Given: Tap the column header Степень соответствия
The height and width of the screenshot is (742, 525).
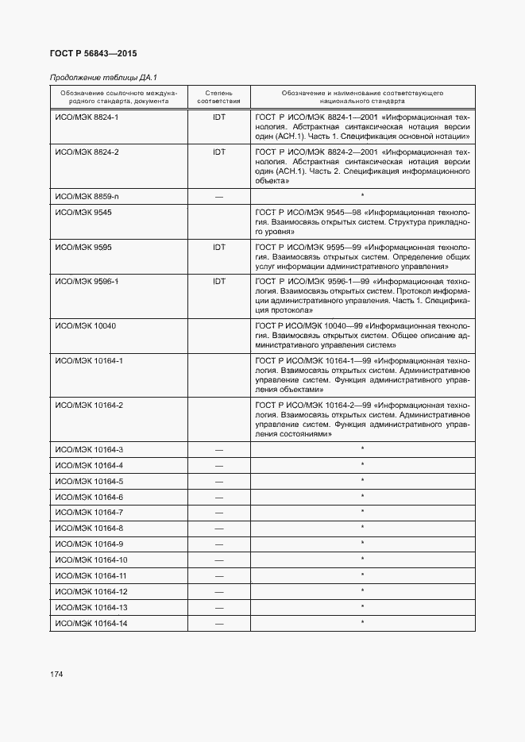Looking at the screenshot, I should click(218, 98).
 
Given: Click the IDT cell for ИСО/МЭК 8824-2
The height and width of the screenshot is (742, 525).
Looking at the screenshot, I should click(219, 152).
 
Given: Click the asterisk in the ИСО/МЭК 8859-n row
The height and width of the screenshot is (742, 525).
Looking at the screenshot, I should click(362, 196).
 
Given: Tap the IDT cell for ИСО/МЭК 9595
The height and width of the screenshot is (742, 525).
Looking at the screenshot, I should click(219, 247).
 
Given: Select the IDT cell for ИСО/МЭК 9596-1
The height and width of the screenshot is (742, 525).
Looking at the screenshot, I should click(219, 281).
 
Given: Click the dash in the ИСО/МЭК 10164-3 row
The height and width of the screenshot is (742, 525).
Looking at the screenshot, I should click(219, 450).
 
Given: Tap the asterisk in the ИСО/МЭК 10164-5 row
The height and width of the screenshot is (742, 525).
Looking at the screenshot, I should click(362, 481).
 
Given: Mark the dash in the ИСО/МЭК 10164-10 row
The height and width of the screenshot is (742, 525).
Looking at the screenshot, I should click(219, 560).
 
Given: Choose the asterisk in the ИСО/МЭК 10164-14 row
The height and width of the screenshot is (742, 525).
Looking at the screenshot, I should click(362, 622).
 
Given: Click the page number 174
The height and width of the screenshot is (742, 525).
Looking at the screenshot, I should click(56, 675).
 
